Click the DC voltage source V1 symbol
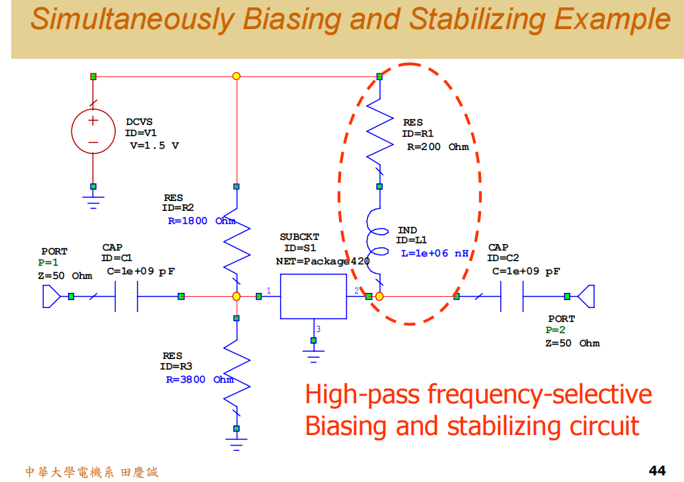pyautogui.click(x=93, y=131)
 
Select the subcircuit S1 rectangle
pyautogui.click(x=313, y=297)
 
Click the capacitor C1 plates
pyautogui.click(x=126, y=297)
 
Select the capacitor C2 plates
pyautogui.click(x=512, y=297)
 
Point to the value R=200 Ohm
pyautogui.click(x=437, y=147)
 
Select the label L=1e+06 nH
pyautogui.click(x=434, y=253)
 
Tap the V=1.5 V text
pyautogui.click(x=154, y=145)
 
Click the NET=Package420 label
pyautogui.click(x=323, y=261)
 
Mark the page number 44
pyautogui.click(x=657, y=471)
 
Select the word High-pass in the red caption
pyautogui.click(x=362, y=395)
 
